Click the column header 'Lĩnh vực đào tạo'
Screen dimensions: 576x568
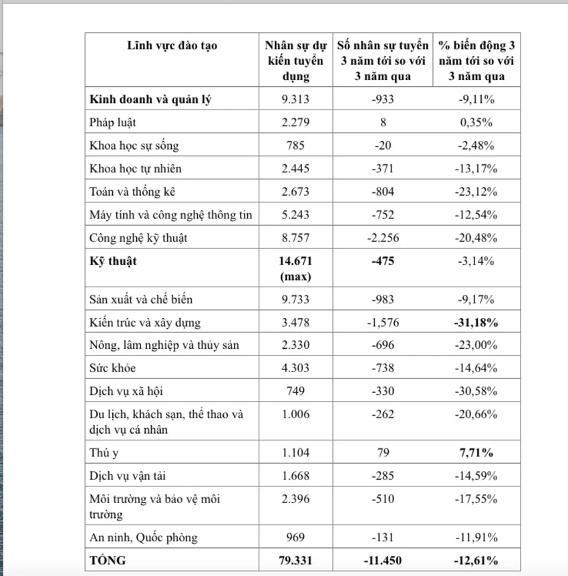[x=172, y=46]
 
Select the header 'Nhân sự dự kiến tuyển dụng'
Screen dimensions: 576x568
[x=295, y=61]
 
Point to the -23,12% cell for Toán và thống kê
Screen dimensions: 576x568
[x=477, y=192]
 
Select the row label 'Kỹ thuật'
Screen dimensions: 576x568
[x=112, y=261]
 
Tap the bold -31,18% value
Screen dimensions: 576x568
[x=477, y=323]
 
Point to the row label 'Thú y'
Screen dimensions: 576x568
[x=104, y=453]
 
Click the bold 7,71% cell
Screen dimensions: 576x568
[x=477, y=453]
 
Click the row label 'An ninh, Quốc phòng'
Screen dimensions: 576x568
[x=143, y=537]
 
